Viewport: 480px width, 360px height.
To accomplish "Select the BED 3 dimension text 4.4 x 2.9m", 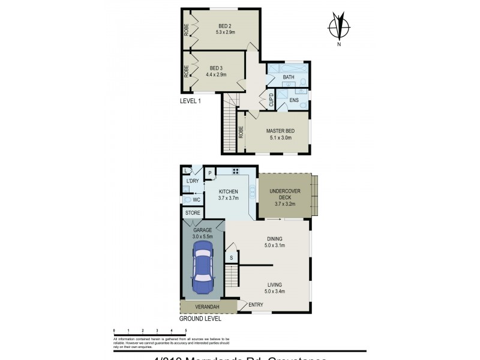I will pyautogui.click(x=216, y=75).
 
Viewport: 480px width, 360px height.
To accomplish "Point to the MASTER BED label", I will pyautogui.click(x=279, y=130).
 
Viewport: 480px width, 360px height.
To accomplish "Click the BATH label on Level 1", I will pyautogui.click(x=289, y=77).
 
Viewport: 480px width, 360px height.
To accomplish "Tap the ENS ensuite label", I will pyautogui.click(x=294, y=100).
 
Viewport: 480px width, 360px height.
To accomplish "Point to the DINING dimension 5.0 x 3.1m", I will pyautogui.click(x=279, y=245).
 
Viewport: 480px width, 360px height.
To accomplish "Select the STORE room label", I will pyautogui.click(x=193, y=213).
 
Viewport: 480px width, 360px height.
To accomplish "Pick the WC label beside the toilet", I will pyautogui.click(x=196, y=199).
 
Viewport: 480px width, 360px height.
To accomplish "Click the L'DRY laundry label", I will pyautogui.click(x=192, y=182).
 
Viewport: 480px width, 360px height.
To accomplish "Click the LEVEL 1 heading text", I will pyautogui.click(x=190, y=101).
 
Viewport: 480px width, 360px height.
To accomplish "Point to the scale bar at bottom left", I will pyautogui.click(x=150, y=331).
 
